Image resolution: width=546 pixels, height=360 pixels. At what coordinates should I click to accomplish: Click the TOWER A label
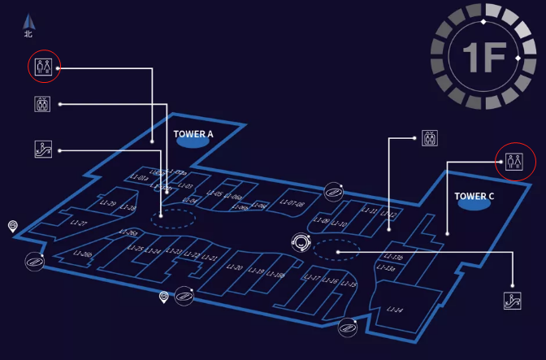193,132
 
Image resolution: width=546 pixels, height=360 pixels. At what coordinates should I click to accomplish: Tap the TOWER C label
474,196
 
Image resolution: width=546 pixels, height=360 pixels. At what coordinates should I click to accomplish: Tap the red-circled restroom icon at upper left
43,66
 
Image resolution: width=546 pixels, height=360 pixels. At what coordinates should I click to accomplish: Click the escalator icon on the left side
43,148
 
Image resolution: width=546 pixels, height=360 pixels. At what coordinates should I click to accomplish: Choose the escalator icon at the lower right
512,300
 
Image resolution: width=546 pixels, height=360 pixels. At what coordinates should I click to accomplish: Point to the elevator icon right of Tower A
430,138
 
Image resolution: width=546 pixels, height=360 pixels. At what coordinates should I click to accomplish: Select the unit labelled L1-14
395,310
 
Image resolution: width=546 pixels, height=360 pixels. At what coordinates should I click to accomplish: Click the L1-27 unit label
79,223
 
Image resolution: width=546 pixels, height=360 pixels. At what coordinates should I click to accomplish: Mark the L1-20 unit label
234,267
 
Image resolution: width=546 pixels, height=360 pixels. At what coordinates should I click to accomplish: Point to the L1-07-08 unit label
292,204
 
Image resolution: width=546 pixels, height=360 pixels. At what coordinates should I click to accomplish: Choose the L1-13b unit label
392,257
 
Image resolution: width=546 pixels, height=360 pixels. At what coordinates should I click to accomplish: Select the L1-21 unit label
210,258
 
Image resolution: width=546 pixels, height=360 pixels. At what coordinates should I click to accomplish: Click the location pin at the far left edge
12,226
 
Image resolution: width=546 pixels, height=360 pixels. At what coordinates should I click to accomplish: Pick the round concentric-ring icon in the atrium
302,242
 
